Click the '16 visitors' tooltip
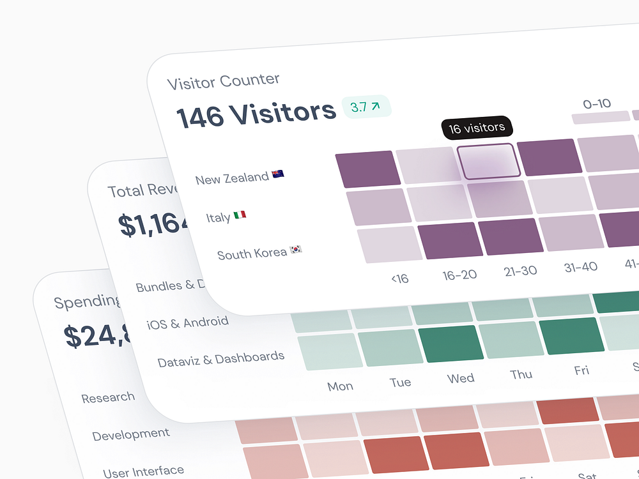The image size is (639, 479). (477, 128)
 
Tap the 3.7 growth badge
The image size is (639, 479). (366, 107)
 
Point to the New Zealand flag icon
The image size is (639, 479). (277, 174)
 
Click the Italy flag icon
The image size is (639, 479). (240, 215)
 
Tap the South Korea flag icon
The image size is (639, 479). (296, 249)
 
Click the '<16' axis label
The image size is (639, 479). (399, 279)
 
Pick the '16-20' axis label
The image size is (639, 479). (459, 275)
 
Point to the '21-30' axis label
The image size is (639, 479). (520, 271)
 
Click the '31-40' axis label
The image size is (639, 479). (580, 267)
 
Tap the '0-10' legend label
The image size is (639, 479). (597, 103)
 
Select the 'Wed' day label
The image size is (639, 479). (461, 378)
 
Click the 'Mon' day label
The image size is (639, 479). (340, 386)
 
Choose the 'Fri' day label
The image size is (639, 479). (581, 370)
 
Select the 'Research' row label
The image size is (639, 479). (108, 397)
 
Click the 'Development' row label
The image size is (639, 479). (131, 435)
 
